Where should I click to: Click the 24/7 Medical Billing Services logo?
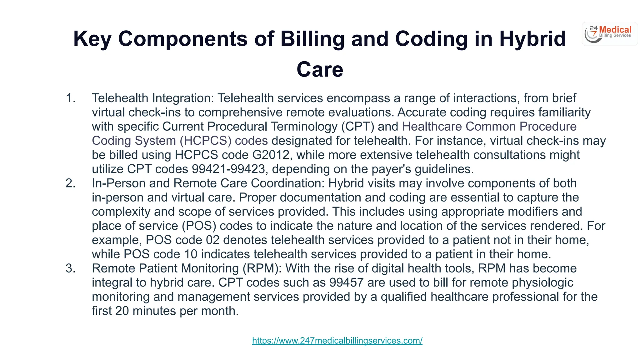coord(609,34)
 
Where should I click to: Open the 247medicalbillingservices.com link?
coord(337,340)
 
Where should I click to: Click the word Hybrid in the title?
coord(532,39)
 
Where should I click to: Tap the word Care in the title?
coord(320,69)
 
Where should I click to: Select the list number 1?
coord(70,98)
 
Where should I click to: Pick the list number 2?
coord(70,183)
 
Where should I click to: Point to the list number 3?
coord(70,268)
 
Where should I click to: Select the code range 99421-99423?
coord(228,169)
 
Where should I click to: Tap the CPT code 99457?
coord(346,282)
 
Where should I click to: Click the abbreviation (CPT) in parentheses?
coord(357,127)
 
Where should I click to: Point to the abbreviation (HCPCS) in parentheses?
coord(205,141)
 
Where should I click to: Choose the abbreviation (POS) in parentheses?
coord(199,226)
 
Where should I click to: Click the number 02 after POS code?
coord(212,240)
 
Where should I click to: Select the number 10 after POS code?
coord(191,254)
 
